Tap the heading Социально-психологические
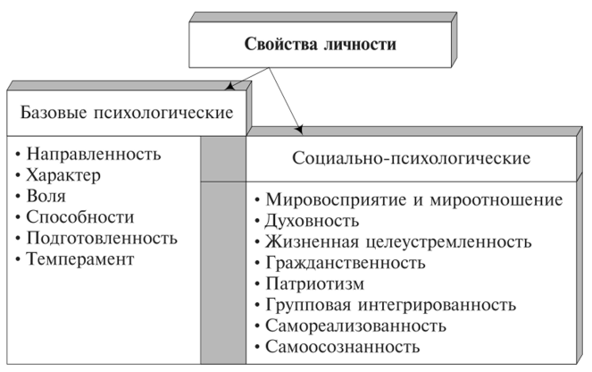pyautogui.click(x=412, y=157)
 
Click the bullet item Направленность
pyautogui.click(x=94, y=153)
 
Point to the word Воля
pyautogui.click(x=46, y=195)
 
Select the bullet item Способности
pyautogui.click(x=80, y=216)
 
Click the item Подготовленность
pyautogui.click(x=102, y=238)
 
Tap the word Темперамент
pyautogui.click(x=79, y=259)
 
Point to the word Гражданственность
pyautogui.click(x=343, y=263)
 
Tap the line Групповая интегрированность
pyautogui.click(x=386, y=305)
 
